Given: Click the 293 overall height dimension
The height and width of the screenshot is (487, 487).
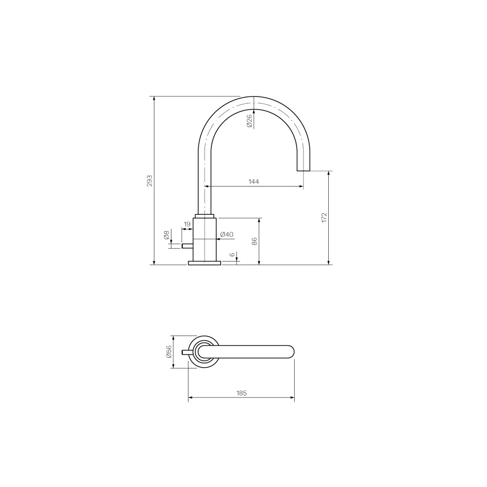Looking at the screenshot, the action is tap(150, 181).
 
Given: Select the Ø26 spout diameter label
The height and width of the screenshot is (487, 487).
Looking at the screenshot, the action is tap(249, 120).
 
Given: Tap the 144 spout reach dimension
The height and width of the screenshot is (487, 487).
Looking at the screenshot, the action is tap(254, 181).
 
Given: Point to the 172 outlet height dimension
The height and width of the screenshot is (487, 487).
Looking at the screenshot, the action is tap(324, 217).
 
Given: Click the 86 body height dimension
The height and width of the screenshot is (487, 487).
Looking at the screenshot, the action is tap(254, 242).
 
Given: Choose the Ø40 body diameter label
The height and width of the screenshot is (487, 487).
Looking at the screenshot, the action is tap(227, 235).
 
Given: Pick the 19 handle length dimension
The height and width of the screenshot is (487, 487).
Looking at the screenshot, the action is tap(187, 224).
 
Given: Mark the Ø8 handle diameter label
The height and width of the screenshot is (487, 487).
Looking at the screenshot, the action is tap(167, 235).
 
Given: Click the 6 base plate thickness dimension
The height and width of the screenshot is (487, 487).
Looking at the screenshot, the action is tap(232, 255).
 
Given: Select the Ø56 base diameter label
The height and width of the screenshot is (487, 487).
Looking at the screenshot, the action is tap(169, 352).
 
